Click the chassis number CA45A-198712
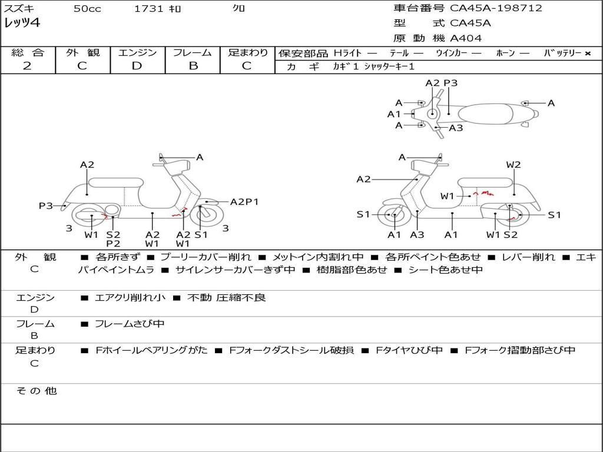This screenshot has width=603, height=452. pos(496,8)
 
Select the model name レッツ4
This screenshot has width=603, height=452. pos(22,23)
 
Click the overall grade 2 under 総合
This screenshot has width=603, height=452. pos(27,66)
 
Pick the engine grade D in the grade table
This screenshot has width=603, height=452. pos(137,66)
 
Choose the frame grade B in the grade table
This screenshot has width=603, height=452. pos(193,66)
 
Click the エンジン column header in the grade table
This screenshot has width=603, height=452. pos(137,53)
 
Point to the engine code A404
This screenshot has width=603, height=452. pos(466,38)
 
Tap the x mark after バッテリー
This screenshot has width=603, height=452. pos(588,54)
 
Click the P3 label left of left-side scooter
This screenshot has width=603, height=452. pos(46,205)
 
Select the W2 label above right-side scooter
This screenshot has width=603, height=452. pos(513,165)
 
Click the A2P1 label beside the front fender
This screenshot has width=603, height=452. pos(244,202)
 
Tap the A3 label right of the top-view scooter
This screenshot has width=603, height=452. pos(456,128)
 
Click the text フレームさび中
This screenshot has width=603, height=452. pos(130,324)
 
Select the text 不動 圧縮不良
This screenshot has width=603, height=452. pos(226,298)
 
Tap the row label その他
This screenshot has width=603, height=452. pos(36,391)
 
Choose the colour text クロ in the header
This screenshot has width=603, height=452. pos(238,9)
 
